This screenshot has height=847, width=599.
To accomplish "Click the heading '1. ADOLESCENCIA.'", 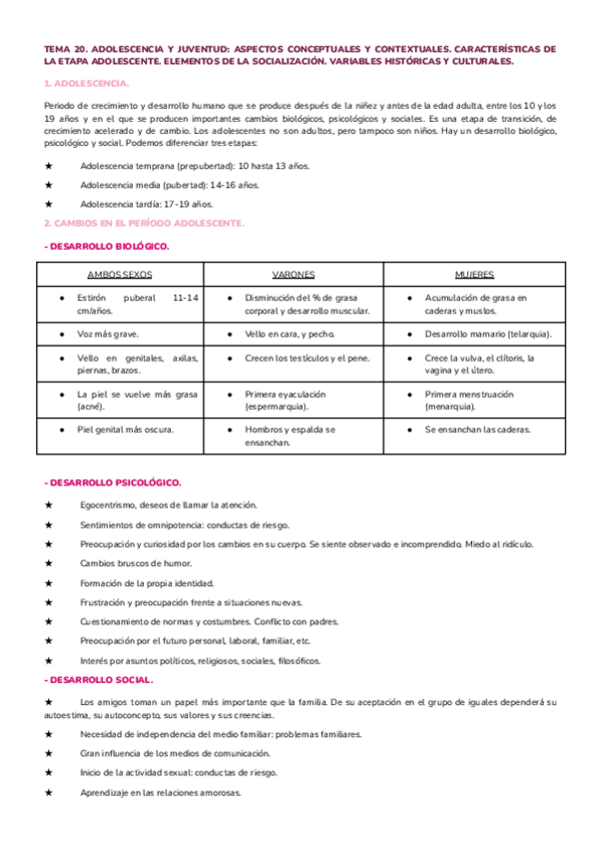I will tap(86, 83).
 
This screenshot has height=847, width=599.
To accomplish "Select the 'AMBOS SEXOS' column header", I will tap(120, 274).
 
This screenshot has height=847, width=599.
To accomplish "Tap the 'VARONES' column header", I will tap(294, 274).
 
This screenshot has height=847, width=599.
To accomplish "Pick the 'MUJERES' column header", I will tap(474, 274).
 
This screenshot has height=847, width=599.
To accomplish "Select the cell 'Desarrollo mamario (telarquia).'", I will tap(487, 334).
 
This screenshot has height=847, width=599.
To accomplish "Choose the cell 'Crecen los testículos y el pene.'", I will tap(307, 358).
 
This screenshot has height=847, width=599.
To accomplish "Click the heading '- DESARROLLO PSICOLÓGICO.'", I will tap(113, 482).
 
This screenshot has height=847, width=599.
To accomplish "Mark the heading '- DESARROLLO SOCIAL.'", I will tap(99, 680).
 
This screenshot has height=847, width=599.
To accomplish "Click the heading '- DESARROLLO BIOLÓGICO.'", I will tap(107, 245).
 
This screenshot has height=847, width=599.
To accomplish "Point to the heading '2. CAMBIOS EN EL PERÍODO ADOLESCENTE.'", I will tap(144, 224).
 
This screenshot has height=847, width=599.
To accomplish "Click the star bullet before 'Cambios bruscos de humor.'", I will tap(48, 563).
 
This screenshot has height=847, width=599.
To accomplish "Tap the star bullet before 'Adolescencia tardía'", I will tap(48, 204).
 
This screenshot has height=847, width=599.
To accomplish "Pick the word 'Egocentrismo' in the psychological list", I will tap(111, 504).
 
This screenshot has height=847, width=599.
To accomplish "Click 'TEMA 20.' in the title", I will tap(68, 47).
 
